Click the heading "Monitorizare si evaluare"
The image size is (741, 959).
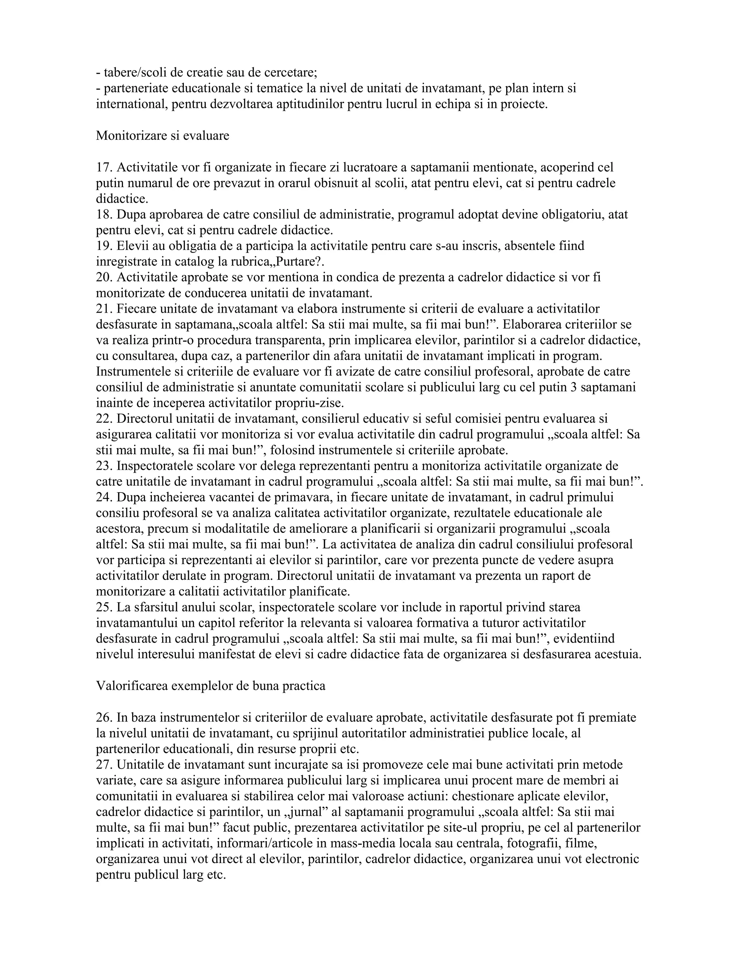click(x=162, y=136)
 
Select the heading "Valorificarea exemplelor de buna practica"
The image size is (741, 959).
click(x=211, y=686)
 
